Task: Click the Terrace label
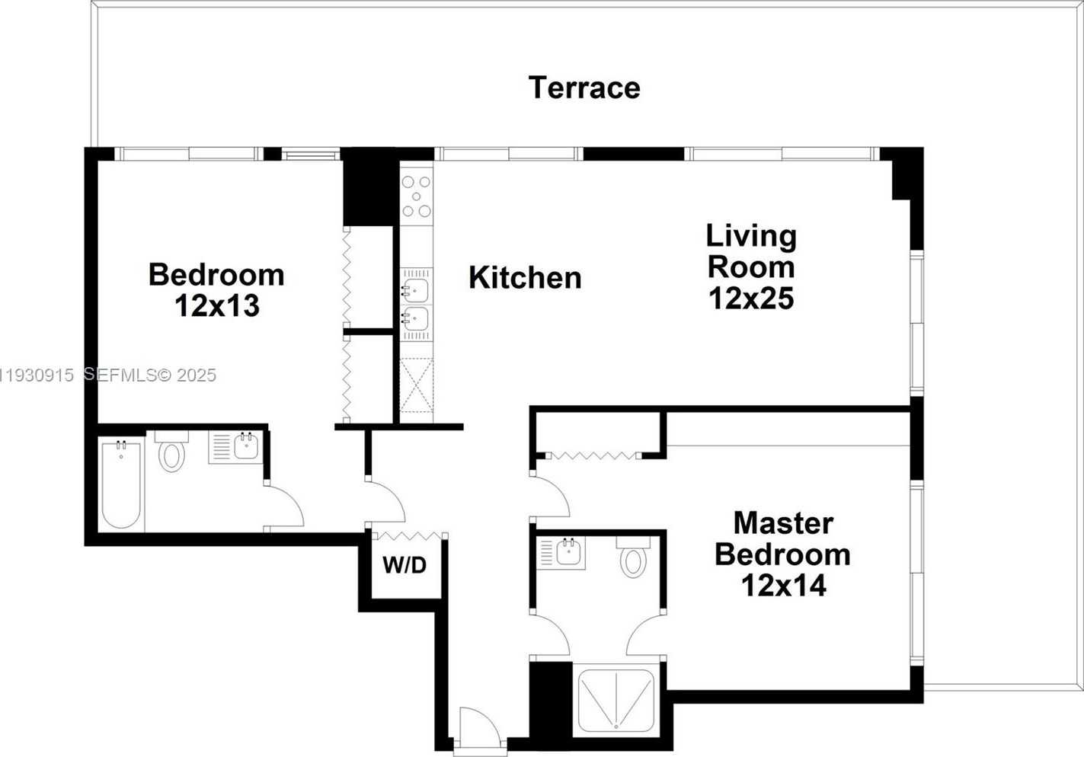click(584, 88)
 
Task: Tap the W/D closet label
click(405, 565)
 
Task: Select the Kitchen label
click(525, 278)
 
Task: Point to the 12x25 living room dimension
click(751, 299)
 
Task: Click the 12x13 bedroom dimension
click(217, 306)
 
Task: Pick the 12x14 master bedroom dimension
click(783, 586)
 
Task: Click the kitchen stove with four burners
click(417, 196)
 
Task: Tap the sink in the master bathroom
click(567, 551)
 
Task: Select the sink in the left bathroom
click(245, 446)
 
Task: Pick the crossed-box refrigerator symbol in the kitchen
click(417, 385)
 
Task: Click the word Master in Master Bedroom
click(783, 523)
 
